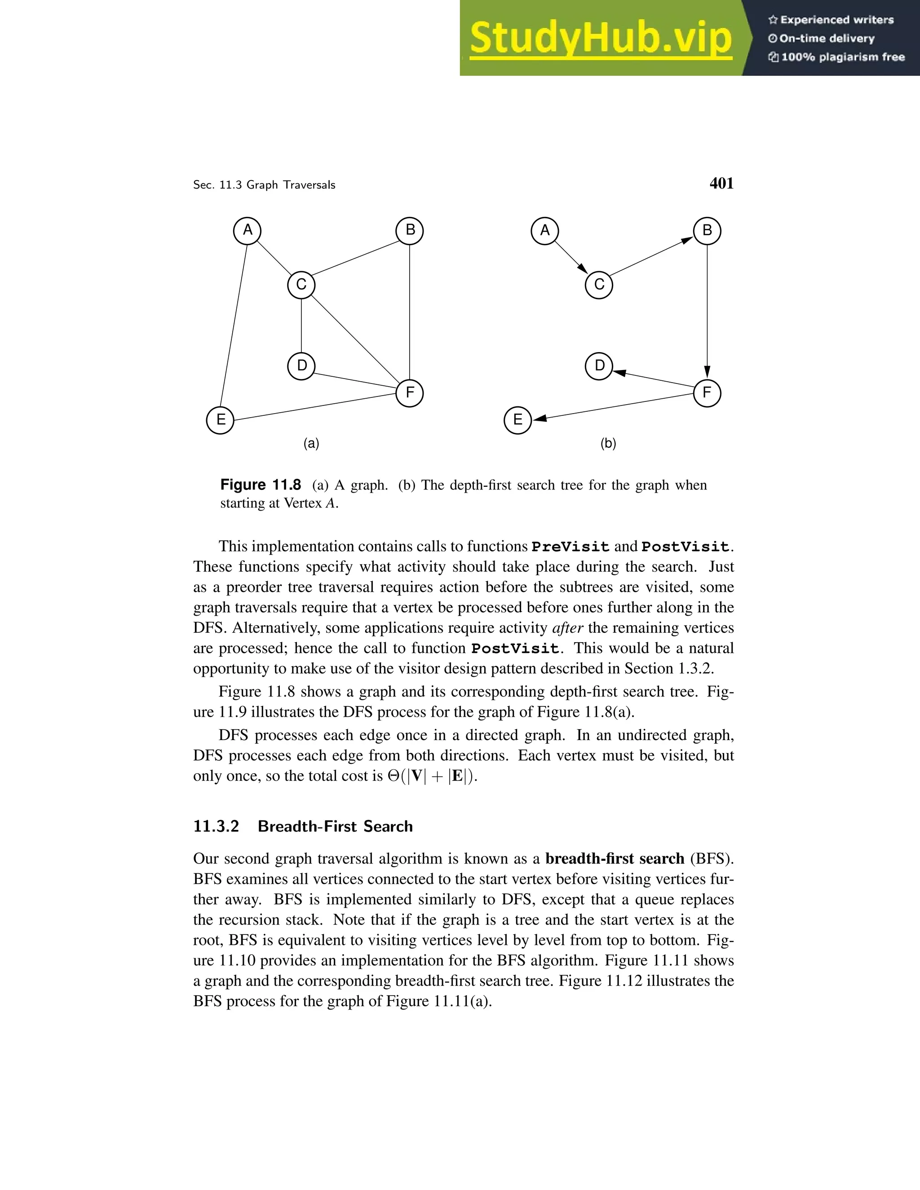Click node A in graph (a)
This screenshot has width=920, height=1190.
(x=248, y=230)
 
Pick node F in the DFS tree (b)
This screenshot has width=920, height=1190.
(x=707, y=393)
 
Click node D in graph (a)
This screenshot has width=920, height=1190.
(x=301, y=366)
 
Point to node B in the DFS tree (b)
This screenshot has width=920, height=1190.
(x=707, y=230)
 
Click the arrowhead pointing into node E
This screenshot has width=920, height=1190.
(x=540, y=418)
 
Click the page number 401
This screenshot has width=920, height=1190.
(x=721, y=184)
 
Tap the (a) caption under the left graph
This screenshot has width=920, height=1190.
(x=311, y=444)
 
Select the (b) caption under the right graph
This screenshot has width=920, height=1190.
(x=608, y=444)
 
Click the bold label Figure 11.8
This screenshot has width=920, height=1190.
(x=261, y=485)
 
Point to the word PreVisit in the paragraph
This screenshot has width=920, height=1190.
(x=570, y=547)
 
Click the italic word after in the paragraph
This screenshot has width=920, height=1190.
(x=567, y=628)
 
